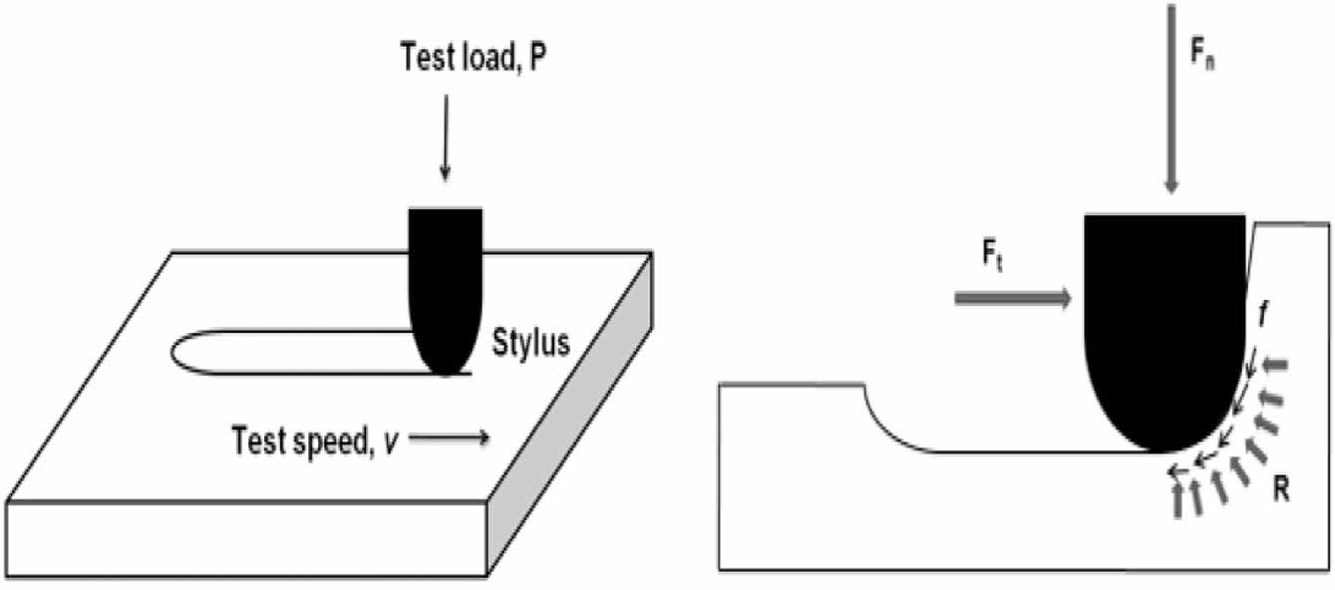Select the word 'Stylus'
pos(531,345)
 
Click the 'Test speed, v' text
pos(314,439)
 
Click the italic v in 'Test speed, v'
pos(392,440)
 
